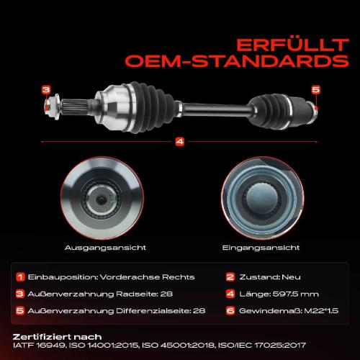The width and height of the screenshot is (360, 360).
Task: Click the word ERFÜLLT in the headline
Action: pos(292,45)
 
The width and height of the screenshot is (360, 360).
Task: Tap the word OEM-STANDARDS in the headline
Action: pos(237,61)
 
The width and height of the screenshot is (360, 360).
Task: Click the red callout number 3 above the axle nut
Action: pos(46,90)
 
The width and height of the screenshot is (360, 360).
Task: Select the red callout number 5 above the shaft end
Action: pos(316,90)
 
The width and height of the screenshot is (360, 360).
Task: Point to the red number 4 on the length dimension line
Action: pos(180,142)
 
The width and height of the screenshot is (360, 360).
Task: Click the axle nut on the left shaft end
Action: pos(52,107)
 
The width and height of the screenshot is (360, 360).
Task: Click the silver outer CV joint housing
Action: pos(113,107)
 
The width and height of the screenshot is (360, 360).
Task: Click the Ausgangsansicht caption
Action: pos(105,248)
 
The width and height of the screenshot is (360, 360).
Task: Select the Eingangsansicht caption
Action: pos(261,248)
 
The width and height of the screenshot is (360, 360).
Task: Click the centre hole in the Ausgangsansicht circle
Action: pos(101,200)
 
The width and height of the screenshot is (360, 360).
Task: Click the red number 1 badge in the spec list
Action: pos(20,277)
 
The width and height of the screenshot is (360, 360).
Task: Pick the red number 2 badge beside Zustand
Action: pos(230,277)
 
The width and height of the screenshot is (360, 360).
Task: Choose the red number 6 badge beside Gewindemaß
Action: pos(230,311)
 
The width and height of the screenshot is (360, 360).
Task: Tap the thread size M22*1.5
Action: pos(321,311)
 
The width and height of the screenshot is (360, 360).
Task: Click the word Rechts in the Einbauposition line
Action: pos(179,277)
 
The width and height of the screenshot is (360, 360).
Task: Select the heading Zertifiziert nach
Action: pos(57,337)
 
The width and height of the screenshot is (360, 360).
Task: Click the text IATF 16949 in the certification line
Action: pos(39,346)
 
